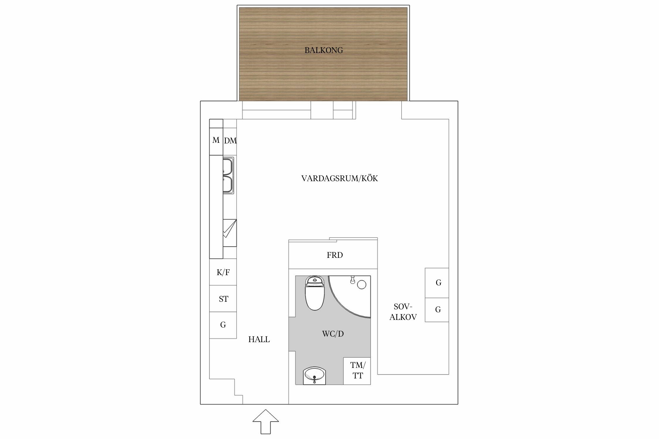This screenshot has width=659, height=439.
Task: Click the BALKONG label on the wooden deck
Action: click(x=324, y=50)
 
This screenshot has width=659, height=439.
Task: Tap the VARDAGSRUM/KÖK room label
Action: click(x=340, y=178)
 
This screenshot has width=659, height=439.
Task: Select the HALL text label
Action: click(x=259, y=339)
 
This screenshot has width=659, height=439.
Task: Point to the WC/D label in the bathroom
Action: click(x=333, y=334)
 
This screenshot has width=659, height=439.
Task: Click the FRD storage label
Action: click(x=335, y=255)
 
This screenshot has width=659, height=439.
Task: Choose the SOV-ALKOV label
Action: click(x=403, y=312)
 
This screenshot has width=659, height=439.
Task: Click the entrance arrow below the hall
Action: click(x=266, y=421)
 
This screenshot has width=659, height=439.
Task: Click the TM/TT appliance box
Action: click(x=357, y=371)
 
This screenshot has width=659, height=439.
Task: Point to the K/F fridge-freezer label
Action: click(x=223, y=272)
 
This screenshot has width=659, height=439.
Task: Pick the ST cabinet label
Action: click(x=223, y=299)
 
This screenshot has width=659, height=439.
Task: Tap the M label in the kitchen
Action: click(x=216, y=140)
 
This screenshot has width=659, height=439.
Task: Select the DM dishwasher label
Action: click(x=230, y=141)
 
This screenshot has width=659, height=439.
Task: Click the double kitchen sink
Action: click(x=228, y=176)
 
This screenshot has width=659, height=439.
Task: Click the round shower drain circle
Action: click(x=362, y=284)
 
